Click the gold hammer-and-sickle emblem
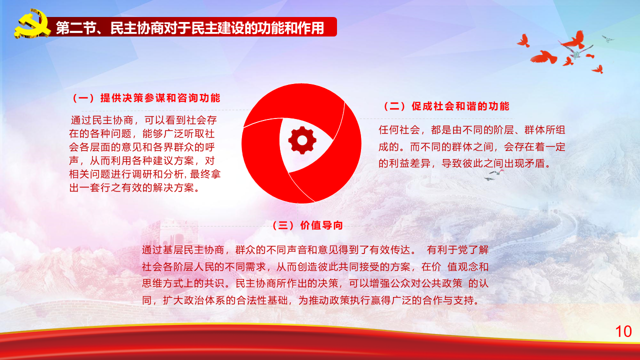coord(31,24)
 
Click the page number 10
coord(623,331)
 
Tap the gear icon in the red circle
coord(302,140)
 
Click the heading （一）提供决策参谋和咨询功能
coord(145,98)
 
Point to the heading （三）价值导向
coord(306,225)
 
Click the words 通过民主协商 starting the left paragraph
coord(102,120)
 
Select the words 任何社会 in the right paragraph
coord(399,130)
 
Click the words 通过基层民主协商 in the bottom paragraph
coord(183,250)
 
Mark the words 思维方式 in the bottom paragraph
coord(163,283)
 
